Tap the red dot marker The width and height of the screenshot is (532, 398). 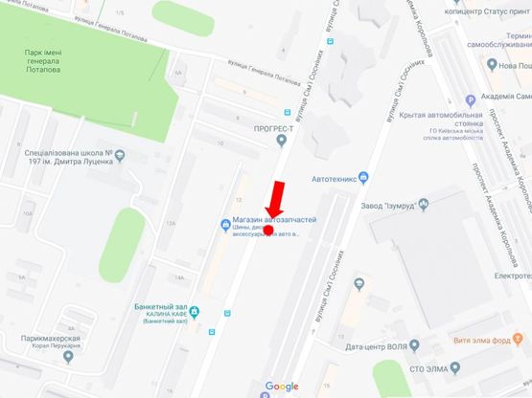[268, 230]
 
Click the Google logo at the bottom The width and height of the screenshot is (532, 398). [282, 387]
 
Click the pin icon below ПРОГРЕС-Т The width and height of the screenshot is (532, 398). [281, 142]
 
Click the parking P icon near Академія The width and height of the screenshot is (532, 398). [469, 99]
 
